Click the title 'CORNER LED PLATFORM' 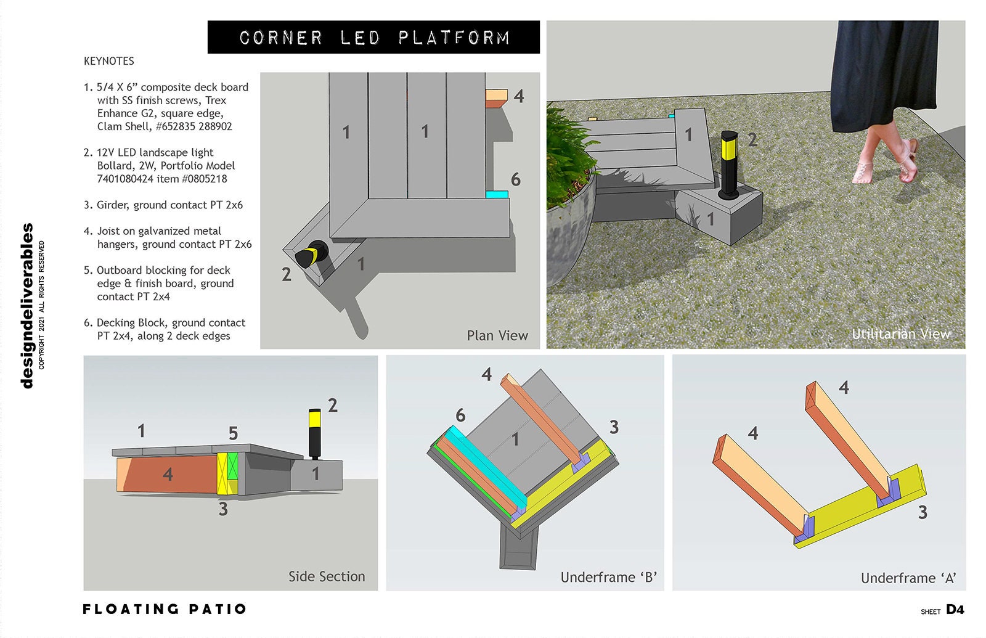[373, 38]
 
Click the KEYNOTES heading [109, 61]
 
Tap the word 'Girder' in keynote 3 [112, 205]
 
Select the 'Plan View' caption [497, 336]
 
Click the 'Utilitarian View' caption [900, 334]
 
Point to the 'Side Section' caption [327, 576]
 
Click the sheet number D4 [955, 610]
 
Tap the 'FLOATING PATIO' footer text [165, 609]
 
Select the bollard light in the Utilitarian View [730, 165]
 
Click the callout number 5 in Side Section [233, 433]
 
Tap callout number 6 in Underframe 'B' [460, 415]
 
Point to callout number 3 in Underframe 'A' [923, 512]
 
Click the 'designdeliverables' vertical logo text [27, 306]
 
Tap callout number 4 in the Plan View [519, 97]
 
